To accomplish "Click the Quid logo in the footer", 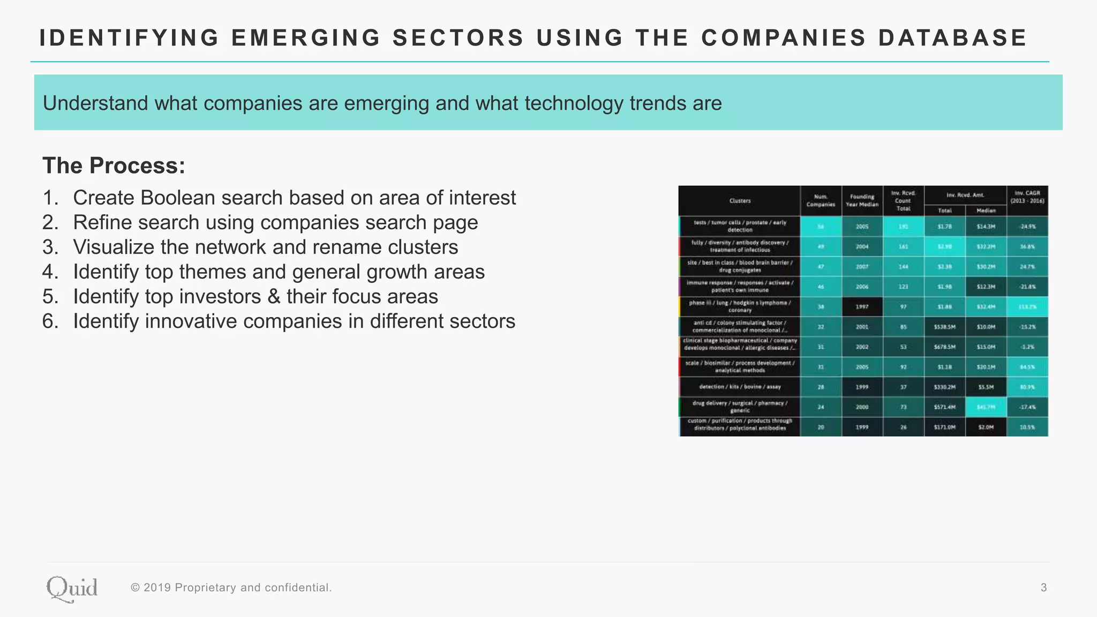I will click(72, 589).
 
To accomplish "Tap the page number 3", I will click(1043, 588).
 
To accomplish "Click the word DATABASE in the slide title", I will click(952, 38).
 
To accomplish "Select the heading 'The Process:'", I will click(114, 165).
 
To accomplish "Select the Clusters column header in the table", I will click(740, 201).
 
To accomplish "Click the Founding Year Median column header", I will click(862, 200).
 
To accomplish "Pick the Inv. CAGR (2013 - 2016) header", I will click(1027, 197).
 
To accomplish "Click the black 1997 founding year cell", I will click(862, 307).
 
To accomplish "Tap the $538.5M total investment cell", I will click(944, 327).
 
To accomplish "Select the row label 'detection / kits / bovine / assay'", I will click(740, 387).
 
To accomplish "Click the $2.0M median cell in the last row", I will click(986, 427).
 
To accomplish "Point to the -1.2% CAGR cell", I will click(1027, 347).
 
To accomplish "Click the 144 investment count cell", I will click(903, 267).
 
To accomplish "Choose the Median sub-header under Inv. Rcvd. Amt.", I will click(986, 210).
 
